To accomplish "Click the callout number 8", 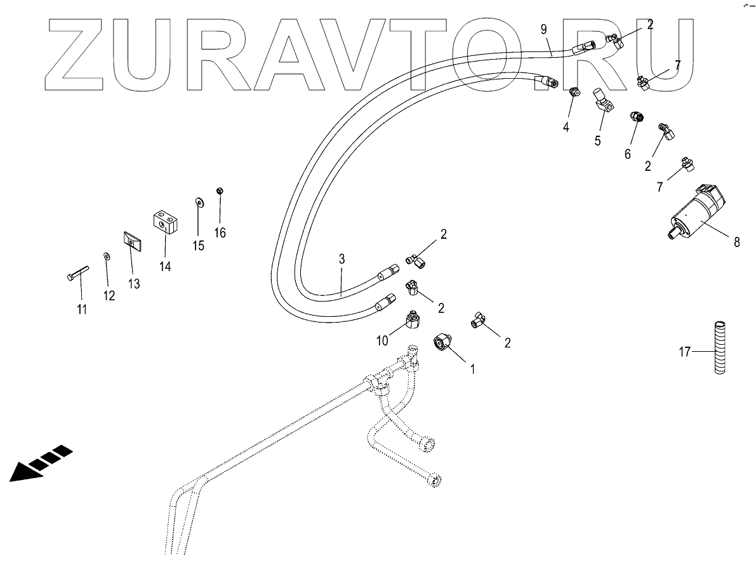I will [736, 242].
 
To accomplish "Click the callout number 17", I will [685, 350].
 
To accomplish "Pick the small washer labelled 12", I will [106, 256].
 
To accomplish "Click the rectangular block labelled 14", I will [164, 222].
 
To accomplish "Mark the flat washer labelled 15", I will [199, 202].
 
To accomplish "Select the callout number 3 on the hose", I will [342, 259].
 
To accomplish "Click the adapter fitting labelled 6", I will [636, 117].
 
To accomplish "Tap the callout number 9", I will [543, 29].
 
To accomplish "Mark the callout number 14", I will [165, 267].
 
